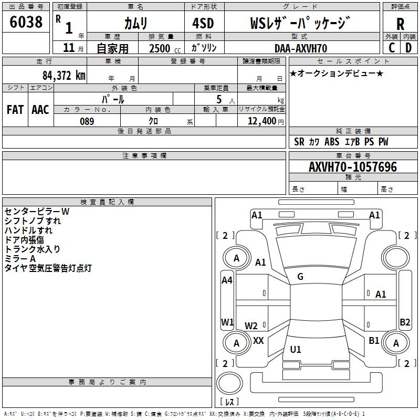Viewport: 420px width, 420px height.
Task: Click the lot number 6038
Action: click(x=26, y=22)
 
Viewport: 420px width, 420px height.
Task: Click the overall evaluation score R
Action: click(x=400, y=24)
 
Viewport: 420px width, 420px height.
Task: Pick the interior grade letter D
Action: click(x=408, y=48)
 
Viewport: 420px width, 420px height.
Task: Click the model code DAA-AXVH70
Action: click(x=300, y=48)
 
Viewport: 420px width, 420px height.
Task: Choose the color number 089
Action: click(x=87, y=121)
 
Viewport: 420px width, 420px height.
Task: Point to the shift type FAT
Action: click(x=15, y=109)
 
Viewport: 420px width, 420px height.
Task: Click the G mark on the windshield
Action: click(x=300, y=277)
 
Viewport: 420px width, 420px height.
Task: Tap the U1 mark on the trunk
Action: click(x=296, y=349)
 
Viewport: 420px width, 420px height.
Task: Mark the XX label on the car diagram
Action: click(x=258, y=340)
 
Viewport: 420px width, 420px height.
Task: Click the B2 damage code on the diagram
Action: click(x=405, y=322)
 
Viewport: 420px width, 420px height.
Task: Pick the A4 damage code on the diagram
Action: click(x=227, y=280)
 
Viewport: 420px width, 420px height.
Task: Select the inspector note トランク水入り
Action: click(x=32, y=249)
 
